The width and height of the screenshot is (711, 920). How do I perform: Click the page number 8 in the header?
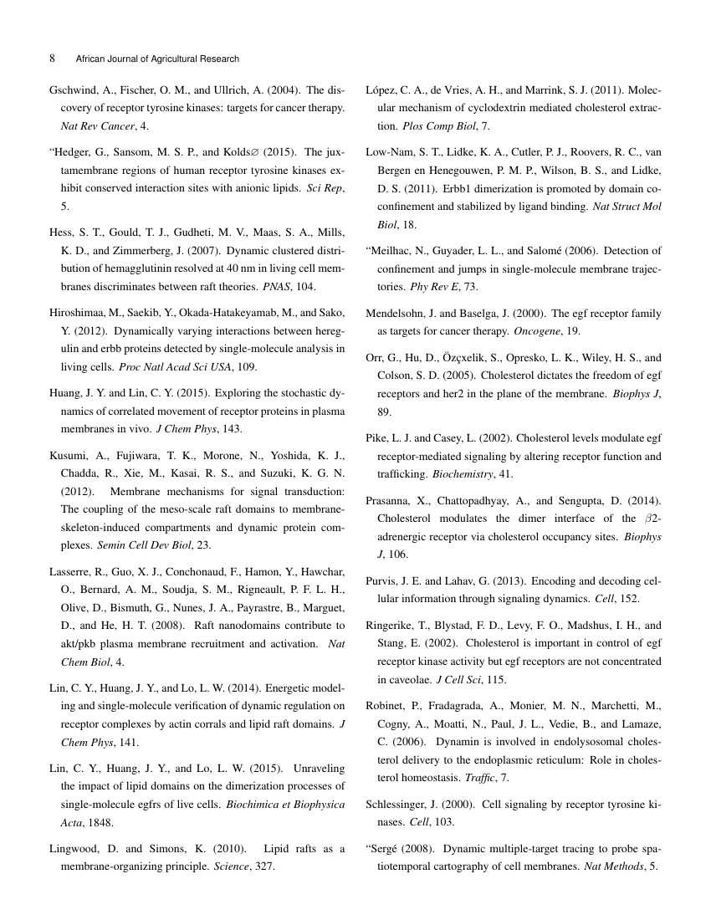pyautogui.click(x=52, y=59)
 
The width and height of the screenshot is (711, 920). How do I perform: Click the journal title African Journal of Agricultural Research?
pyautogui.click(x=156, y=59)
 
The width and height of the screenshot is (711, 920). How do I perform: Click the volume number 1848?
pyautogui.click(x=103, y=822)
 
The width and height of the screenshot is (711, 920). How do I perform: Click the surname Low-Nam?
pyautogui.click(x=393, y=153)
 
